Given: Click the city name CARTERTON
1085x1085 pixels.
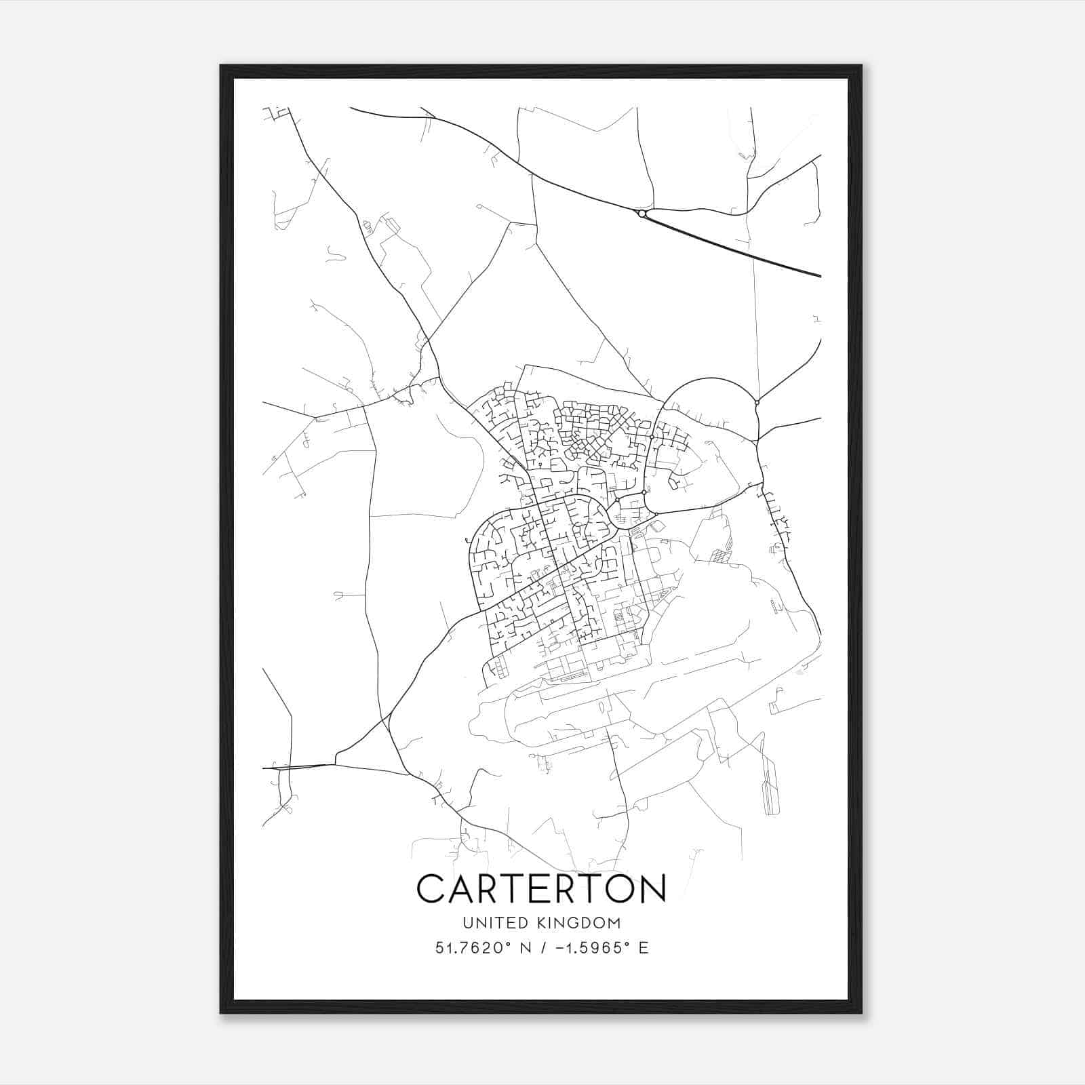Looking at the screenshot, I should click(541, 888).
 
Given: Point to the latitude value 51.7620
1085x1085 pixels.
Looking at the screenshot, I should click(467, 948).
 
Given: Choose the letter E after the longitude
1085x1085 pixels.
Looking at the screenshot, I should click(643, 948).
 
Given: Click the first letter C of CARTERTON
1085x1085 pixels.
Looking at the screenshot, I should click(432, 888).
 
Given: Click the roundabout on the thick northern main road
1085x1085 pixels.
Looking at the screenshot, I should click(642, 214).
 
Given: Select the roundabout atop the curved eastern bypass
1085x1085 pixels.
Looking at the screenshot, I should click(757, 403).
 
